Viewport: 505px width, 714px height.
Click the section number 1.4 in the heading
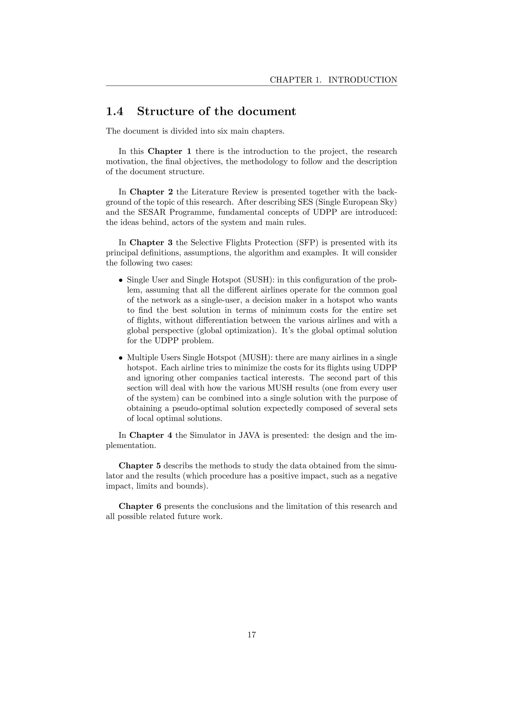coord(115,111)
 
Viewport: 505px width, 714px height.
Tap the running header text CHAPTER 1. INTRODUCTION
coord(333,80)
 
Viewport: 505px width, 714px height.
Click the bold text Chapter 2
coord(151,192)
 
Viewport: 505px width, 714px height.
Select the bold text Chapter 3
coord(151,243)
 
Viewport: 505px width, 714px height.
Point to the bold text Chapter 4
coord(151,435)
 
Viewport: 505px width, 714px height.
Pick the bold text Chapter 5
coord(140,465)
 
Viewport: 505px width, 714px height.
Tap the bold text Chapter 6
coord(140,506)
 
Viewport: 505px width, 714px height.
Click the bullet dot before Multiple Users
coord(121,358)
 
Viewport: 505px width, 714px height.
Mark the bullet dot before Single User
coord(121,280)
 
